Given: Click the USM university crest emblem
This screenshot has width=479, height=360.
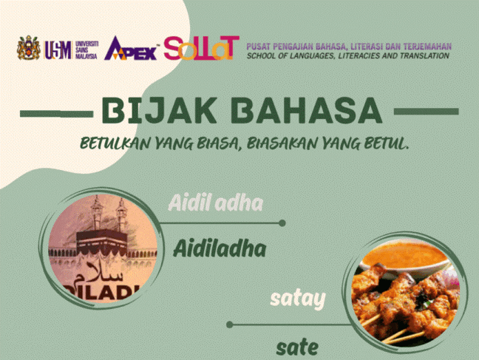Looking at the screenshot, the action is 28,47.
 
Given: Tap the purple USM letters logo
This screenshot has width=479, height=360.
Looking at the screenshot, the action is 58,50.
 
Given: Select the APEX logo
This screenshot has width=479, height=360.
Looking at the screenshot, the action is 132,49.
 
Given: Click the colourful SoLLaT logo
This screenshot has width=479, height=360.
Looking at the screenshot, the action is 201,48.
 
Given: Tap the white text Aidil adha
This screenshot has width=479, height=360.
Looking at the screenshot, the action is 215,203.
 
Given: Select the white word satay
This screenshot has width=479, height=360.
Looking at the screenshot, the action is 298,299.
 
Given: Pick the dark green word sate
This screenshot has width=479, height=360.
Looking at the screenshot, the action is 297,347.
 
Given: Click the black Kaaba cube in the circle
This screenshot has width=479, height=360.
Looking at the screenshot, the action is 101,243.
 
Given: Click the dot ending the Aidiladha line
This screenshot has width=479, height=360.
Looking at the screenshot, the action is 282,223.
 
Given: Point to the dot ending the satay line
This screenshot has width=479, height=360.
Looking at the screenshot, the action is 230,325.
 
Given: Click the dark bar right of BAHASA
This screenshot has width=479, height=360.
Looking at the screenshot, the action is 427,112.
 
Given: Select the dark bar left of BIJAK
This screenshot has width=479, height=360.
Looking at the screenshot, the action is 56,114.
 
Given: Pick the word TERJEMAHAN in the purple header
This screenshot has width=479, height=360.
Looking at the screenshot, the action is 427,47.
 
